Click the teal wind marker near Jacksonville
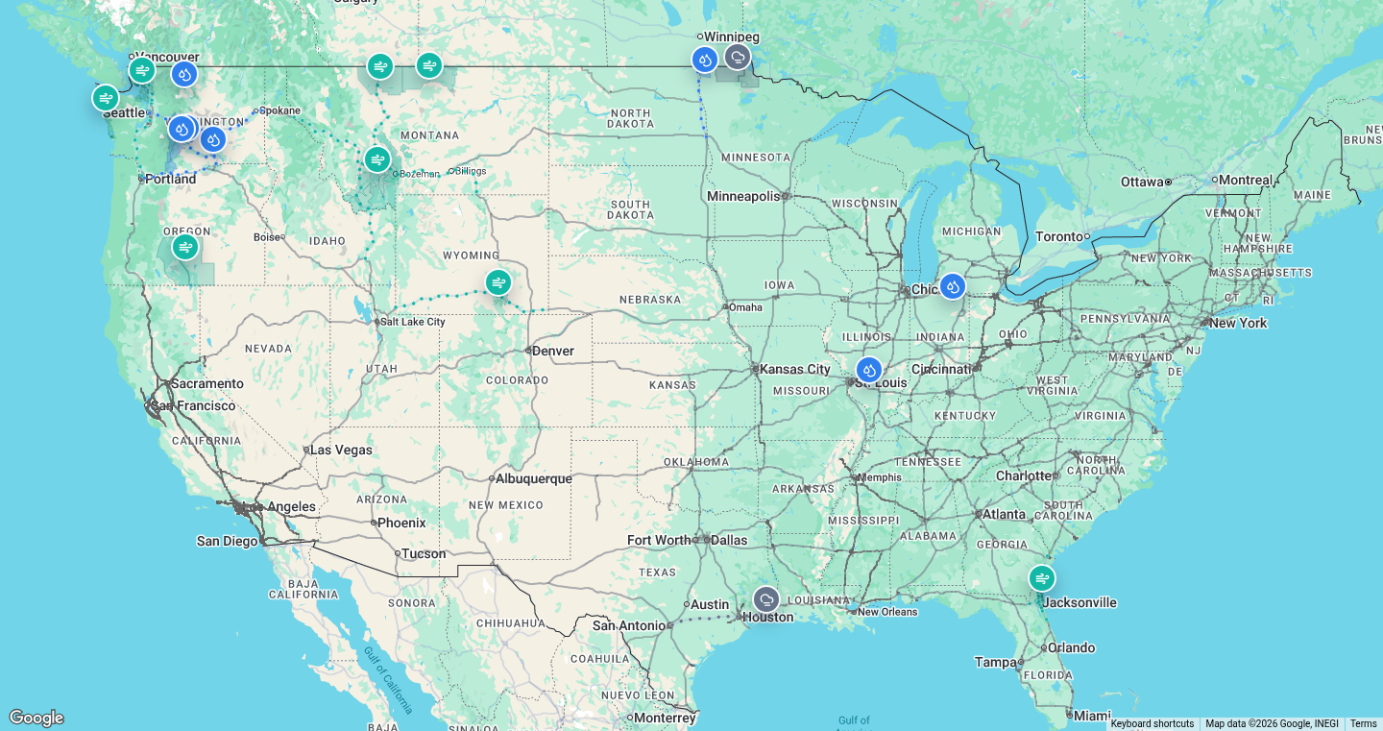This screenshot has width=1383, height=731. pyautogui.click(x=1041, y=578)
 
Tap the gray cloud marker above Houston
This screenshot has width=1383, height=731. pyautogui.click(x=765, y=600)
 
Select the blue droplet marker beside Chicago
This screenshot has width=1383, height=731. pyautogui.click(x=952, y=286)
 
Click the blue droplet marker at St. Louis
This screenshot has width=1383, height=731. pyautogui.click(x=868, y=370)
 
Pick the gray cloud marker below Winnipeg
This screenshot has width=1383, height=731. pyautogui.click(x=737, y=58)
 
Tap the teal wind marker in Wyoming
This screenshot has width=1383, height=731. pyautogui.click(x=497, y=282)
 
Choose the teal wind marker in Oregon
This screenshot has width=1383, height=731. pyautogui.click(x=184, y=247)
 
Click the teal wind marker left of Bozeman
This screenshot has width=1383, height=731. pyautogui.click(x=377, y=159)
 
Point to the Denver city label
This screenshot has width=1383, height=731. pyautogui.click(x=553, y=351)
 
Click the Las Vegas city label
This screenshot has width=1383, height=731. pyautogui.click(x=341, y=450)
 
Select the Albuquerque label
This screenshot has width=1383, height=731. pyautogui.click(x=534, y=478)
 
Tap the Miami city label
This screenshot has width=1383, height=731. pyautogui.click(x=1092, y=716)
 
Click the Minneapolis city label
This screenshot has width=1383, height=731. pyautogui.click(x=744, y=196)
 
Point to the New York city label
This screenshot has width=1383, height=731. pyautogui.click(x=1238, y=323)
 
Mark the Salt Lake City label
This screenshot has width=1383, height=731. pyautogui.click(x=414, y=322)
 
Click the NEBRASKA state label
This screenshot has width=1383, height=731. pyautogui.click(x=650, y=300)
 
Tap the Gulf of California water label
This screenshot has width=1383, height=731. pyautogui.click(x=389, y=680)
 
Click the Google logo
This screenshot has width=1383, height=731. pyautogui.click(x=36, y=718)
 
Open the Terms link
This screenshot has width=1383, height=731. pyautogui.click(x=1363, y=723)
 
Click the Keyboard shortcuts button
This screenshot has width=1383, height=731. pyautogui.click(x=1152, y=723)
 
